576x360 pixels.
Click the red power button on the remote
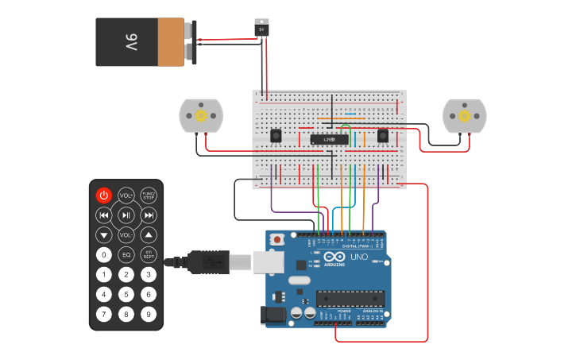click(x=104, y=195)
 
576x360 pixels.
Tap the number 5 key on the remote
click(x=126, y=294)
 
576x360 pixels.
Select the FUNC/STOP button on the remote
click(x=149, y=195)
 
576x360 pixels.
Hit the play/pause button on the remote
click(x=126, y=215)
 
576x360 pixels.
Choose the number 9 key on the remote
click(x=149, y=314)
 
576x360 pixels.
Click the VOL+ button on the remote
click(x=126, y=195)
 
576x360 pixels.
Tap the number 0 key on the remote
click(x=104, y=255)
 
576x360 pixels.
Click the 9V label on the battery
click(x=131, y=42)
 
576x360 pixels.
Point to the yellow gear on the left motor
click(x=201, y=116)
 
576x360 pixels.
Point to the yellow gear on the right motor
click(x=464, y=116)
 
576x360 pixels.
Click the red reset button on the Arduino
click(x=277, y=239)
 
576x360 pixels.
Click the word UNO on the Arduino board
click(x=359, y=257)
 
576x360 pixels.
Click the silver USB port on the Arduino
click(x=269, y=261)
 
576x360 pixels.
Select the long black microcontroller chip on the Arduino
click(x=350, y=299)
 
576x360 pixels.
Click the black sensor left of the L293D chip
click(x=276, y=136)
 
